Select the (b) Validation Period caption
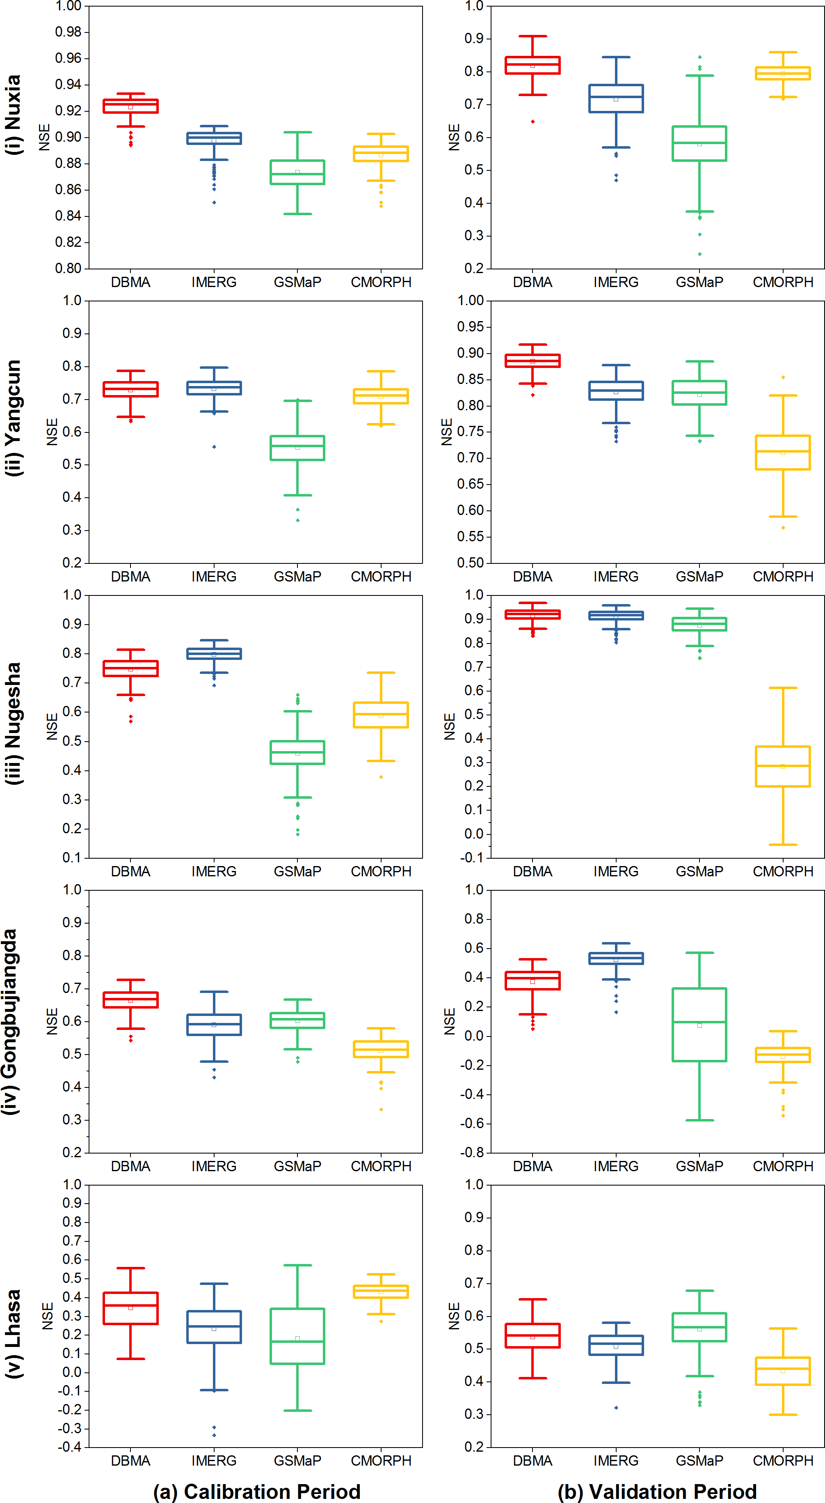pyautogui.click(x=657, y=1491)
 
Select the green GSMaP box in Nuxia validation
pyautogui.click(x=699, y=144)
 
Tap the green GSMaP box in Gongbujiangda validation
pyautogui.click(x=699, y=1025)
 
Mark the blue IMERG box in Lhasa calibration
pyautogui.click(x=214, y=1327)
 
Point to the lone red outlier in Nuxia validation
pyautogui.click(x=533, y=122)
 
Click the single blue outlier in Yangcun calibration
pyautogui.click(x=214, y=447)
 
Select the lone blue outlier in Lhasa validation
pyautogui.click(x=616, y=1408)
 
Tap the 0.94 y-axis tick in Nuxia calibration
pyautogui.click(x=68, y=85)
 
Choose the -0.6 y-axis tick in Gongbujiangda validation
pyautogui.click(x=472, y=1123)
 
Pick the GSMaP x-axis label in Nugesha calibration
pyautogui.click(x=297, y=872)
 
